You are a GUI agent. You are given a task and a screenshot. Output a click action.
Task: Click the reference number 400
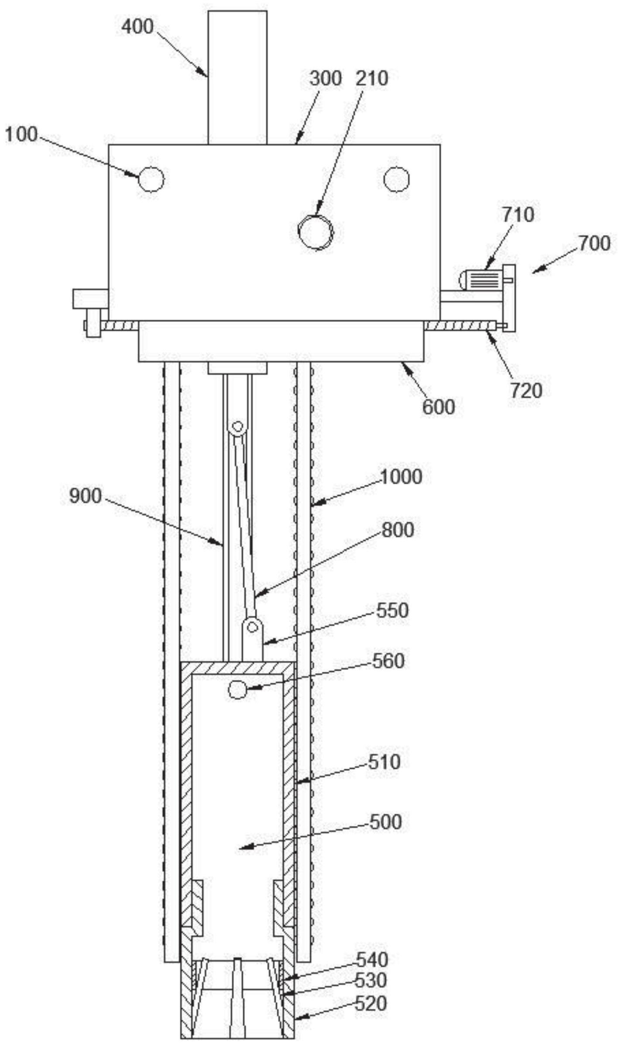coord(137,27)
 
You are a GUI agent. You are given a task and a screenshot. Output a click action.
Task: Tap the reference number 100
coord(21,135)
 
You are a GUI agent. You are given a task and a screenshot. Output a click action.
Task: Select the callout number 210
coord(372,79)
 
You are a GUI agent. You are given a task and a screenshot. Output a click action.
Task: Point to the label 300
coord(326,79)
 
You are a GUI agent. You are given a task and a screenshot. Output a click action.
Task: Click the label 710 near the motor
coord(518,215)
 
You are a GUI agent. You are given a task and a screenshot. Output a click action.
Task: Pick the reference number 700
coord(594,243)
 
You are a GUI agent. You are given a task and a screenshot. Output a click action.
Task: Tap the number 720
coord(526,390)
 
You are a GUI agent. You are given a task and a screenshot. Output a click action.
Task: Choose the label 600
coord(438,407)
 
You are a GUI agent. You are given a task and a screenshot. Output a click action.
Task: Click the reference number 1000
coord(401,476)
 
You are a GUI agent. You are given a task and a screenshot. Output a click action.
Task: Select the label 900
coord(86,496)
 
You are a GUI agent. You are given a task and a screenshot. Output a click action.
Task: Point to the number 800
coord(398,530)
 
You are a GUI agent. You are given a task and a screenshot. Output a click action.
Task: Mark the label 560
coord(388,661)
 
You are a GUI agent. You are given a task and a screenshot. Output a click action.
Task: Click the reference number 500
coord(385,822)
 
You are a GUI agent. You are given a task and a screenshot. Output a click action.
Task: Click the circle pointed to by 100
coord(151,179)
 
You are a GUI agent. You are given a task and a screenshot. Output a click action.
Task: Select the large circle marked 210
coord(316,232)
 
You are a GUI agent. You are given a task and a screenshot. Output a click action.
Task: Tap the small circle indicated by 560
coord(237,690)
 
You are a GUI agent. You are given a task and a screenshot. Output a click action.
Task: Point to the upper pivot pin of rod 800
coord(237,426)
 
